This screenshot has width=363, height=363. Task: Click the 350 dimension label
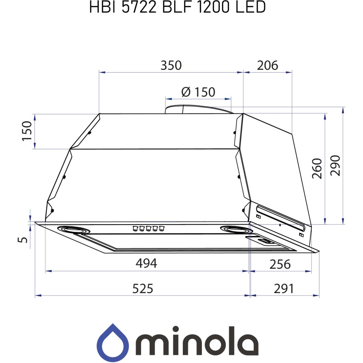[x=171, y=65]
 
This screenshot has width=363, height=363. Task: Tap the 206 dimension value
[x=267, y=65]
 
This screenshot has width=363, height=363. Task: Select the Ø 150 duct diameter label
[x=198, y=92]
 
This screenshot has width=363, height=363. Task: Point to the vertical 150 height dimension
[x=27, y=131]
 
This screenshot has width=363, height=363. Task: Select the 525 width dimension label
[x=142, y=289]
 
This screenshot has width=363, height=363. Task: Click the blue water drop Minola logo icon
[x=112, y=341]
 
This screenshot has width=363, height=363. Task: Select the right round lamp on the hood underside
[x=232, y=229]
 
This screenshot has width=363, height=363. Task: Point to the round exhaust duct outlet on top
[x=198, y=109]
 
